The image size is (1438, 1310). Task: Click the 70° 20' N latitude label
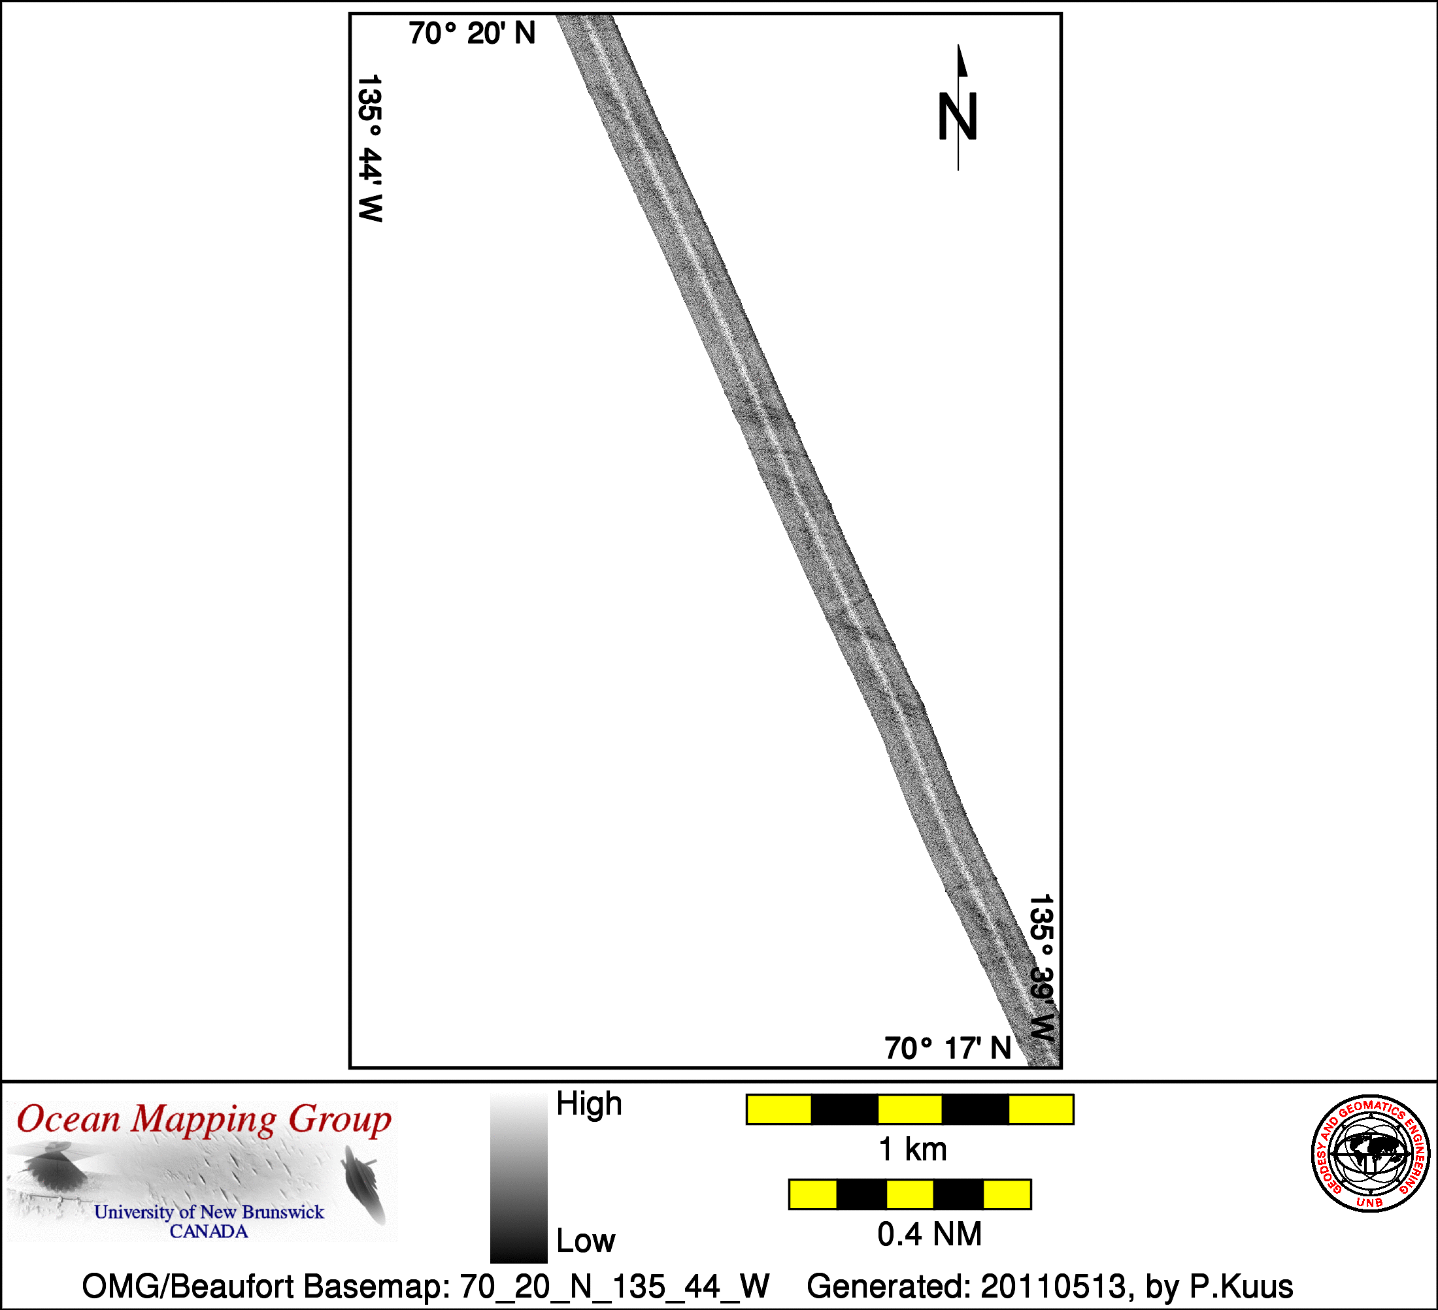(472, 33)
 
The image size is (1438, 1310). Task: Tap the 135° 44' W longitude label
(370, 148)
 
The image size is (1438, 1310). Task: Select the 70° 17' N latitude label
(948, 1048)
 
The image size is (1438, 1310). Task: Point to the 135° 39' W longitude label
(1041, 968)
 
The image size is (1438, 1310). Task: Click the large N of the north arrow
(957, 116)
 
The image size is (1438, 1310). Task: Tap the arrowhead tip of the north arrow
(959, 45)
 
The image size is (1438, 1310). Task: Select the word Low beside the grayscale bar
(586, 1241)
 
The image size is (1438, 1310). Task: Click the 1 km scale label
(913, 1149)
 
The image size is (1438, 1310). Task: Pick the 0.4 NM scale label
(929, 1234)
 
